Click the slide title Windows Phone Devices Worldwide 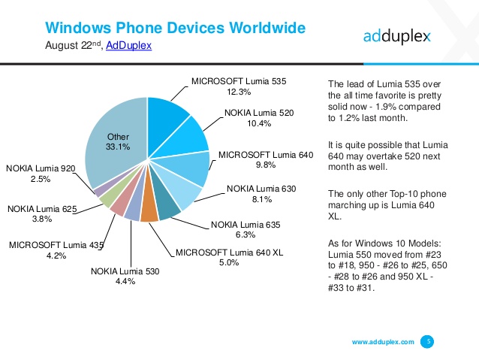(x=175, y=29)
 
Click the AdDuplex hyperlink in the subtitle (x=130, y=46)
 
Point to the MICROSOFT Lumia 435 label (x=56, y=244)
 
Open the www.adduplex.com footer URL (x=383, y=342)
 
